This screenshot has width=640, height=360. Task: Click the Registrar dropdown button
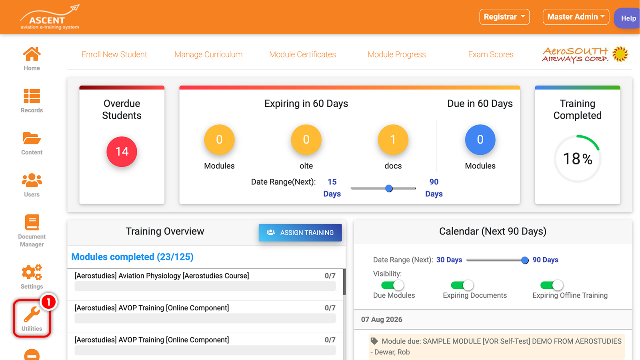tap(504, 17)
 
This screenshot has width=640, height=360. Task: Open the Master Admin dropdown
tap(576, 17)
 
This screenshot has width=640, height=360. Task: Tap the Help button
tap(628, 18)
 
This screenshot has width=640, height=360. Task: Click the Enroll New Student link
tap(114, 54)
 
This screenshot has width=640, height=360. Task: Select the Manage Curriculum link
tap(208, 54)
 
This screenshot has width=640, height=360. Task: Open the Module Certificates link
tap(302, 54)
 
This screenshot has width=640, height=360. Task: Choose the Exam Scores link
tap(491, 54)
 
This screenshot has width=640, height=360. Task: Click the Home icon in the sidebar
tap(32, 54)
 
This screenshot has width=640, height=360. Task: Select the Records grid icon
tap(32, 96)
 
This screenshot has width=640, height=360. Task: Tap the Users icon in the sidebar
tap(32, 180)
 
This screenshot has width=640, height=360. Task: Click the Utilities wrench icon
tap(32, 314)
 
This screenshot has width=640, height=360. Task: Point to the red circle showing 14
tap(122, 152)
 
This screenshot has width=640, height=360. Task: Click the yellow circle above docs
tap(393, 140)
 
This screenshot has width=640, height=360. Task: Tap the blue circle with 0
tap(480, 140)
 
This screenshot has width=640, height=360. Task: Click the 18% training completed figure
tap(578, 158)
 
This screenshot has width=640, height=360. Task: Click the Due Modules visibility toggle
tap(392, 285)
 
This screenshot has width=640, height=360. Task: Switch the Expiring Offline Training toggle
tap(552, 285)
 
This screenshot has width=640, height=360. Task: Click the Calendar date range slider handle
tap(524, 260)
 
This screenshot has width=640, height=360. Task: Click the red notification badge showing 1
tap(48, 302)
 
